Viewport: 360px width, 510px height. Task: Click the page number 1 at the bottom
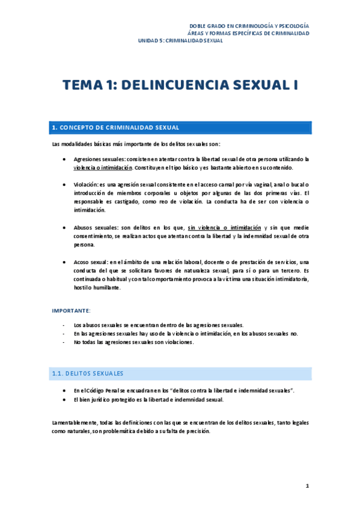pyautogui.click(x=307, y=485)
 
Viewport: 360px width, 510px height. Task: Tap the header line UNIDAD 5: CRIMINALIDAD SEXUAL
pyautogui.click(x=180, y=41)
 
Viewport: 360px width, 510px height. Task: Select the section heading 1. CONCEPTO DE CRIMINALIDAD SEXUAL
pyautogui.click(x=115, y=127)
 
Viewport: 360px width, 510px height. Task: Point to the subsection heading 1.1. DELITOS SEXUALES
pyautogui.click(x=88, y=373)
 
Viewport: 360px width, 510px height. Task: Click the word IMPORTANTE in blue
pyautogui.click(x=71, y=310)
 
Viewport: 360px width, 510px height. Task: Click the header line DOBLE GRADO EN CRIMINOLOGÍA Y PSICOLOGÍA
pyautogui.click(x=249, y=26)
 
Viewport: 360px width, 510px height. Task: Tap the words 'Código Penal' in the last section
pyautogui.click(x=97, y=390)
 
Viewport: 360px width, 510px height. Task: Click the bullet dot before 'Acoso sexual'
pyautogui.click(x=64, y=262)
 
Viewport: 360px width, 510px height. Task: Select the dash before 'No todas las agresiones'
pyautogui.click(x=64, y=342)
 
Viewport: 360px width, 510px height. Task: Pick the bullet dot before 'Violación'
pyautogui.click(x=64, y=185)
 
